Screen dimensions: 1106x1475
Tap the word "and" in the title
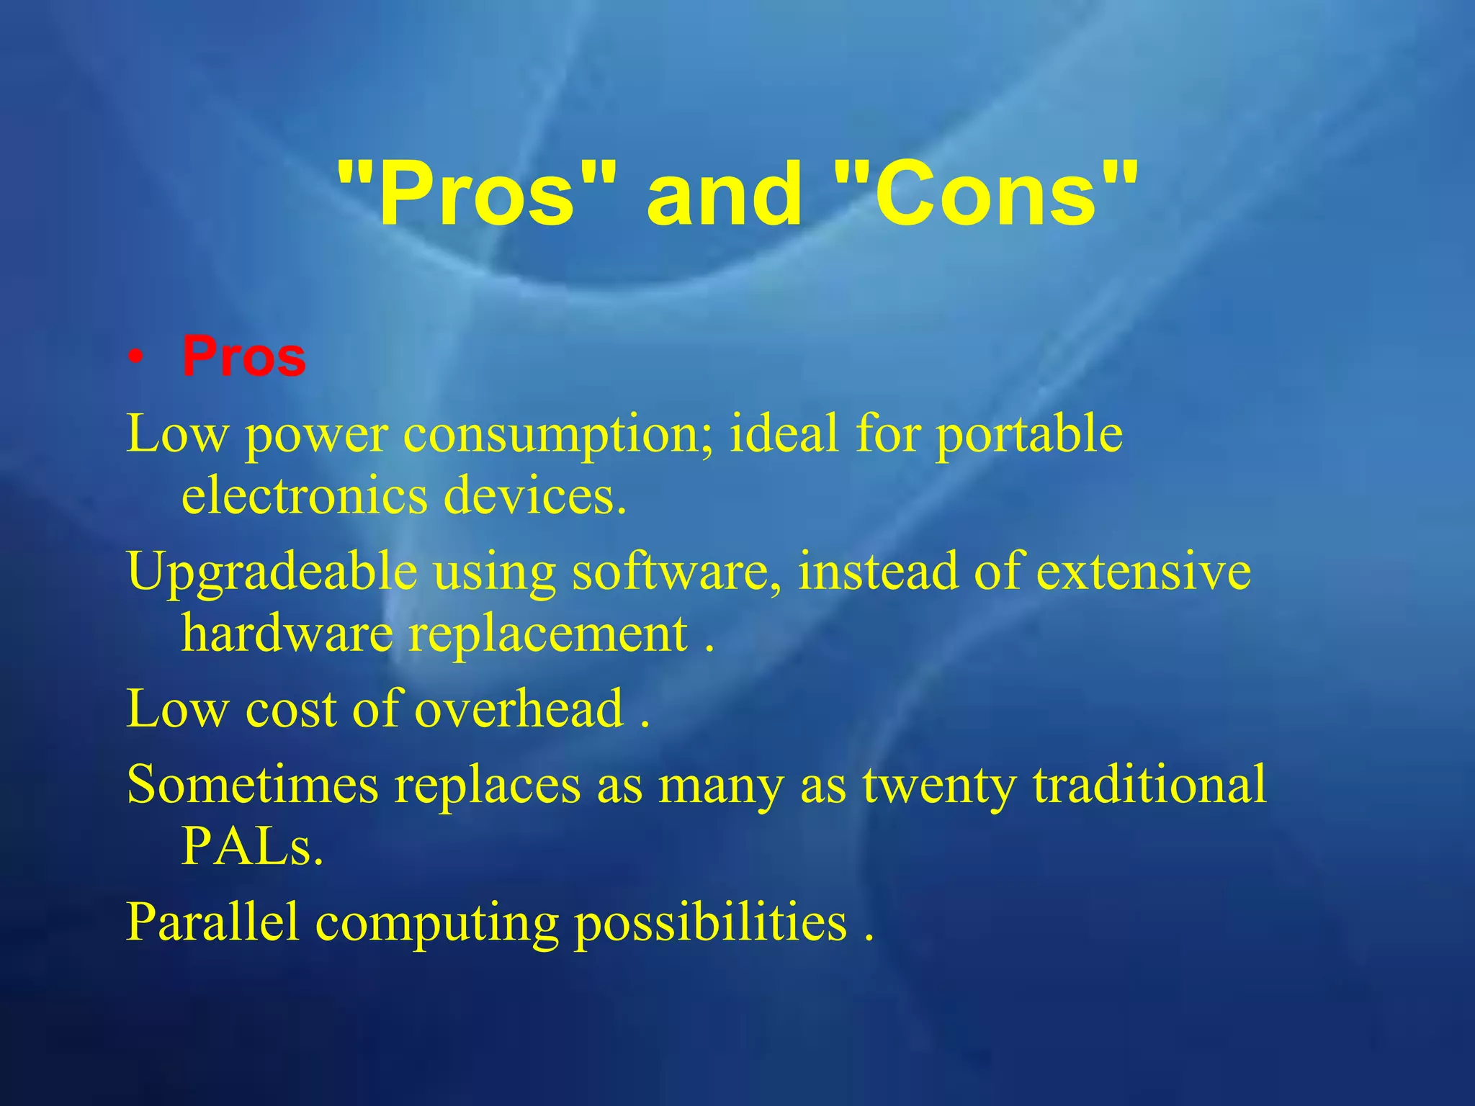[725, 193]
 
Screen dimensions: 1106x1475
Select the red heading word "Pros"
[244, 356]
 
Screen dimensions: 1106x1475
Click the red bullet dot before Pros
[135, 358]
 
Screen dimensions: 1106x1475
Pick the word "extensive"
[1144, 571]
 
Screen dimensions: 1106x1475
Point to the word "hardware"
[287, 634]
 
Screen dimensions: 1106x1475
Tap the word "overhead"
[519, 709]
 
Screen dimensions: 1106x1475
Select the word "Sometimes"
[252, 784]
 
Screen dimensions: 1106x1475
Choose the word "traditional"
[1149, 784]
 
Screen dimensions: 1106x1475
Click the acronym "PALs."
[252, 846]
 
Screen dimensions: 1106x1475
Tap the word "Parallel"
[212, 922]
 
